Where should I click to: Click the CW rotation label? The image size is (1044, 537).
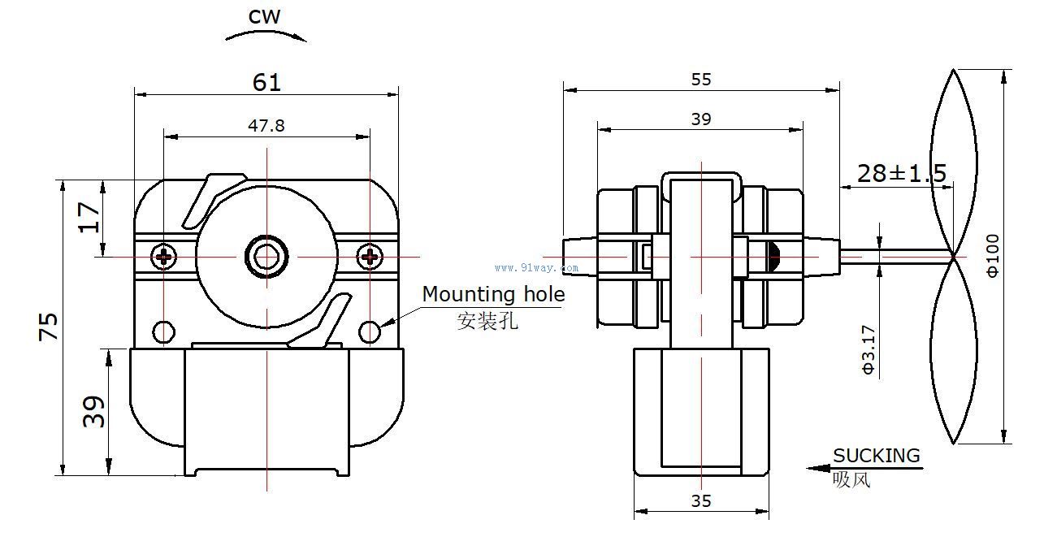pyautogui.click(x=266, y=17)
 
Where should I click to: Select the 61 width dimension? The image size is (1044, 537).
pyautogui.click(x=266, y=82)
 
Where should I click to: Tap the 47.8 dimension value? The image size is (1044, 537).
pyautogui.click(x=266, y=125)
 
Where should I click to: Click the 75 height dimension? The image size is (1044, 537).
pyautogui.click(x=49, y=327)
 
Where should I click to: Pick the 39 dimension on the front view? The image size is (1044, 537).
pyautogui.click(x=95, y=411)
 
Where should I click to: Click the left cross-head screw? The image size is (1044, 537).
pyautogui.click(x=165, y=257)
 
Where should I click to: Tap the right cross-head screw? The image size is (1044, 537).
pyautogui.click(x=370, y=257)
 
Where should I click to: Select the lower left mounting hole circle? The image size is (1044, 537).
pyautogui.click(x=164, y=331)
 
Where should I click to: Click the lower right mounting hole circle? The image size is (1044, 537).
pyautogui.click(x=370, y=331)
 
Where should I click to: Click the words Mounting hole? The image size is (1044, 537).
pyautogui.click(x=492, y=294)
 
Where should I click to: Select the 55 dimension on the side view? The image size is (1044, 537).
pyautogui.click(x=700, y=79)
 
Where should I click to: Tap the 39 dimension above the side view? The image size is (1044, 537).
pyautogui.click(x=700, y=119)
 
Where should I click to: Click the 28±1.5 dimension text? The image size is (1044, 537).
pyautogui.click(x=902, y=173)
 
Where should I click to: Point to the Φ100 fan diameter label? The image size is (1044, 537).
pyautogui.click(x=993, y=255)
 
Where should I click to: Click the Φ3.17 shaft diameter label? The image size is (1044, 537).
pyautogui.click(x=869, y=350)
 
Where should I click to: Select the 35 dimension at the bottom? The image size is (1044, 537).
pyautogui.click(x=700, y=501)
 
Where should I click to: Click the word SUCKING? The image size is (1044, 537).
pyautogui.click(x=876, y=456)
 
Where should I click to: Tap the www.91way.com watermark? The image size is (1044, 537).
pyautogui.click(x=536, y=267)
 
